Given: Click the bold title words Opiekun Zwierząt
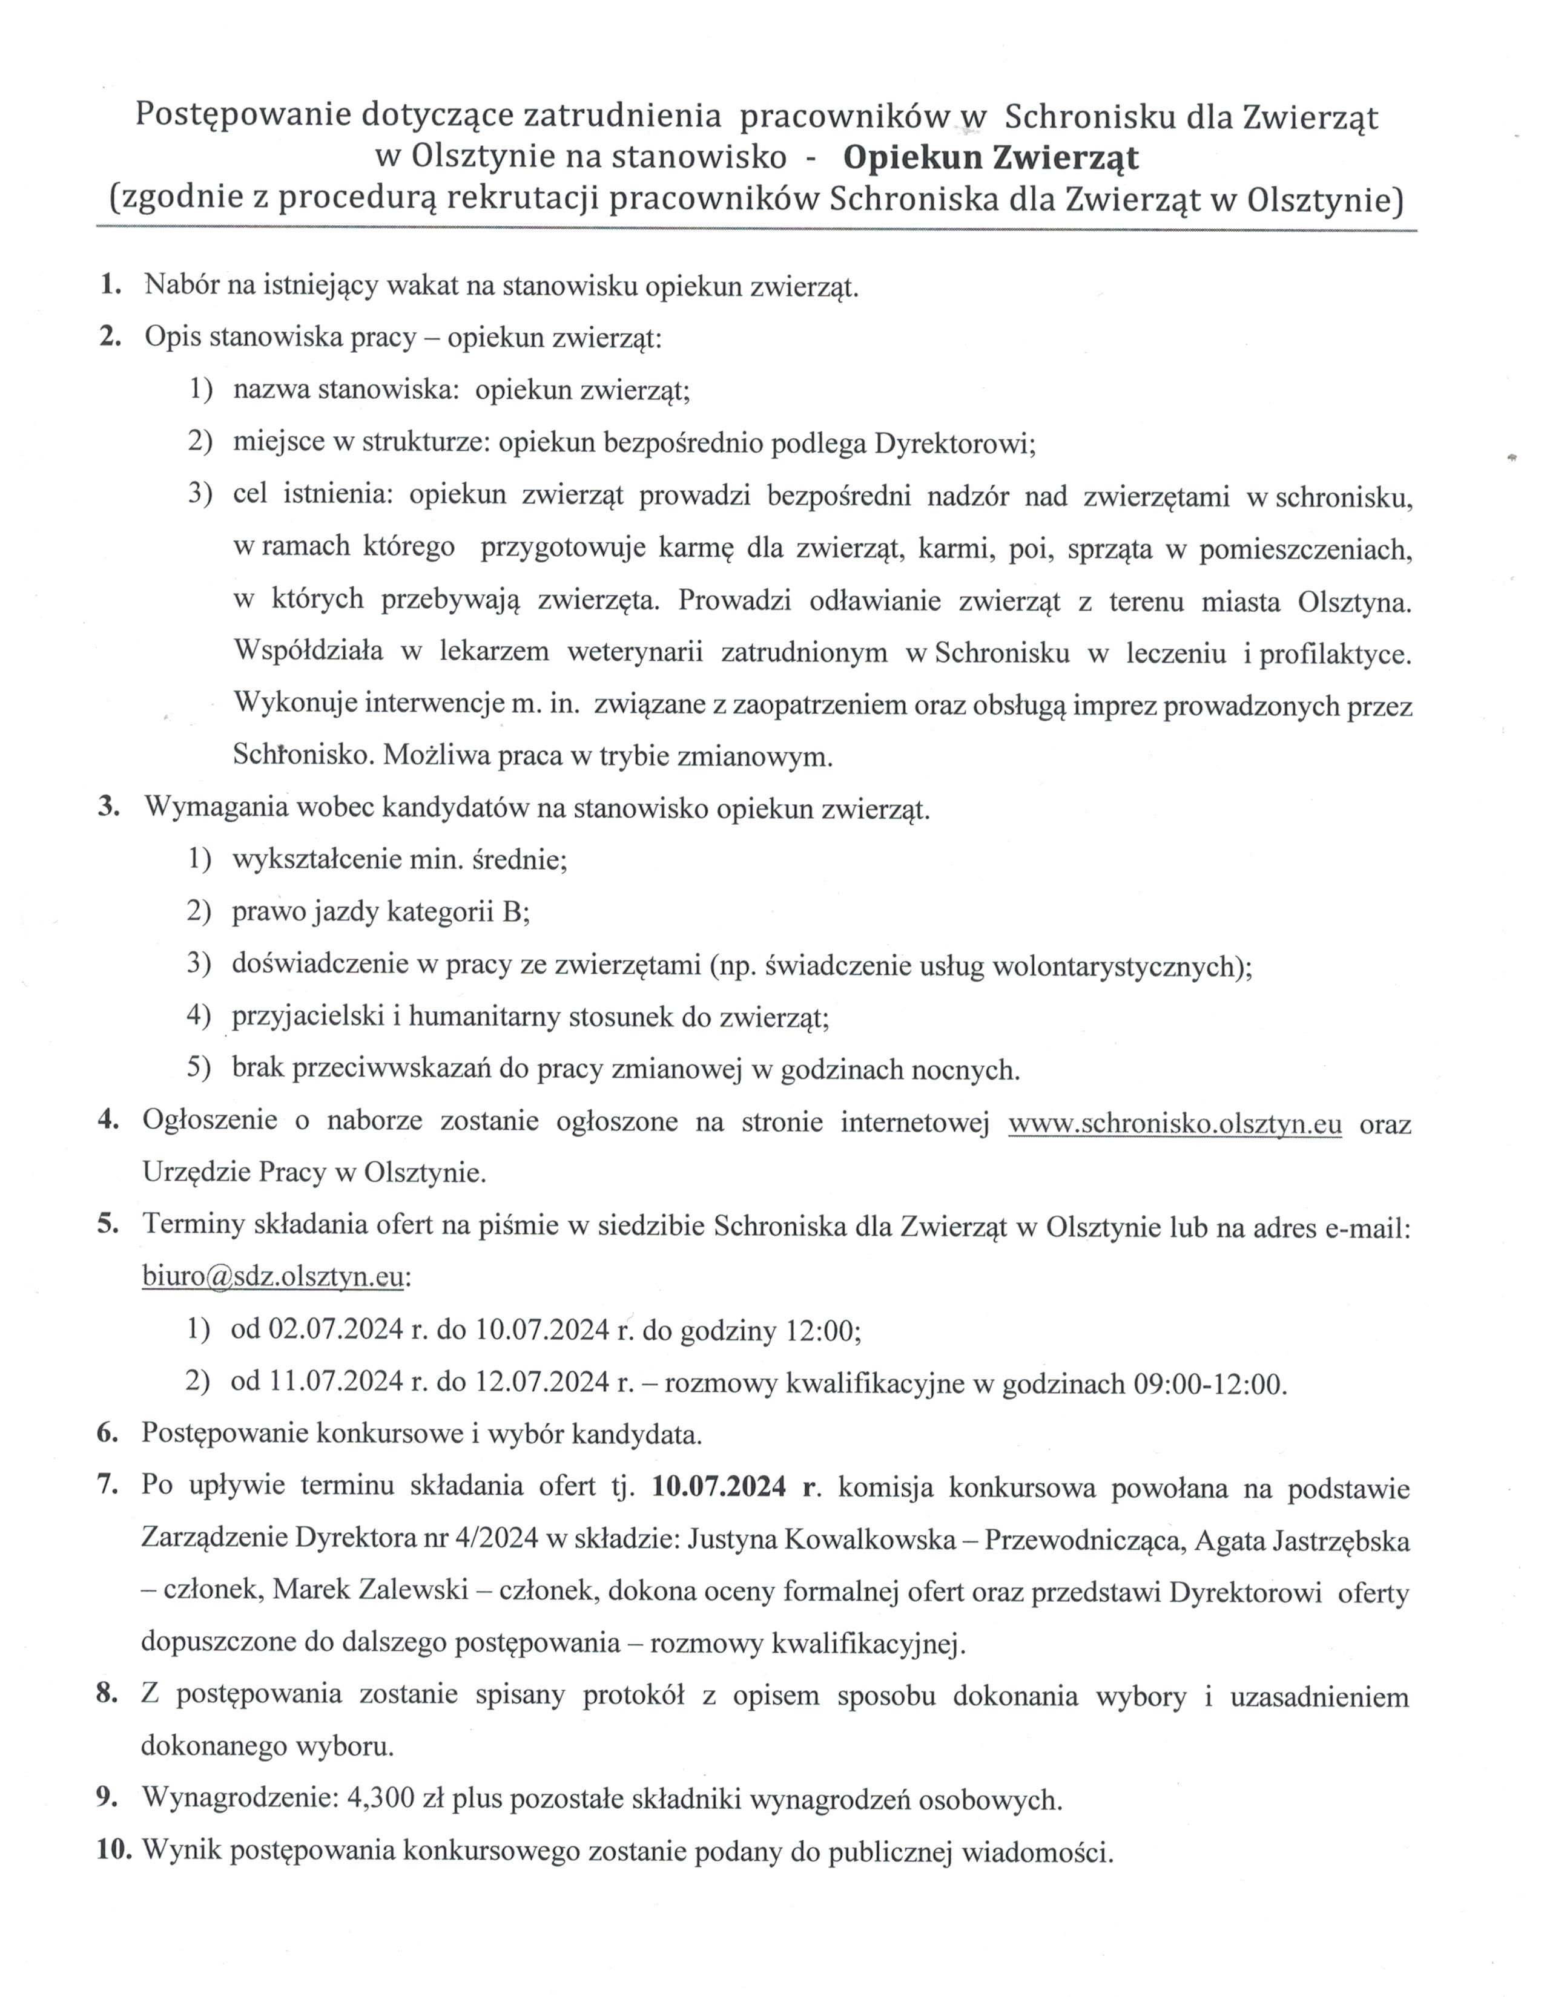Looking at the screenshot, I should click(991, 158).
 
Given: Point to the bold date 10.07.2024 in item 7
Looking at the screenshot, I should click(719, 1487).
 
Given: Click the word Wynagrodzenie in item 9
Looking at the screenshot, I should click(240, 1800).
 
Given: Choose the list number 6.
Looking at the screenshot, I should click(108, 1434).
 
